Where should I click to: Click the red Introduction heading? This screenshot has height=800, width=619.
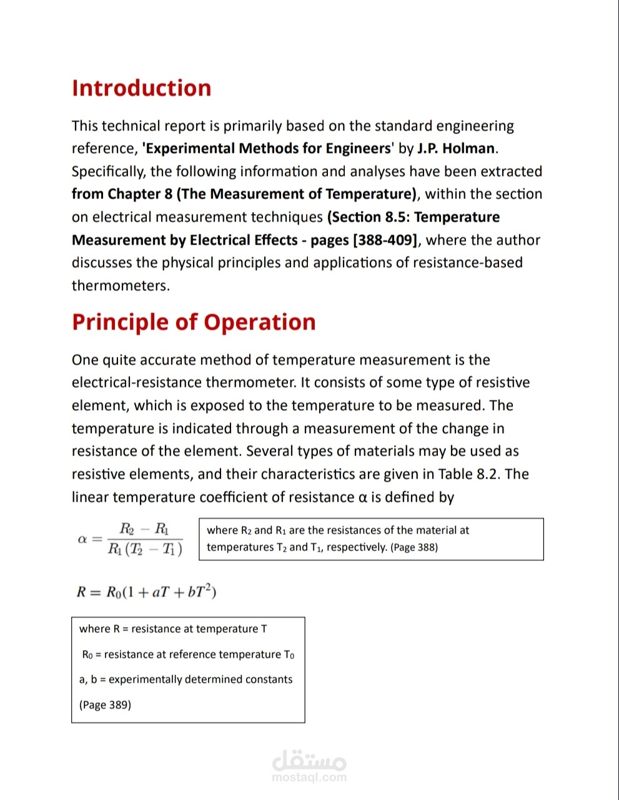141,88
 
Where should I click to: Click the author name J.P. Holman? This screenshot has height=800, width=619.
456,149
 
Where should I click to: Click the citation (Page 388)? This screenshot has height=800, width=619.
414,547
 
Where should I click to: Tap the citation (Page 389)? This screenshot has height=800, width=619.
105,705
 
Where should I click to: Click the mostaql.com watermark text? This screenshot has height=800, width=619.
309,778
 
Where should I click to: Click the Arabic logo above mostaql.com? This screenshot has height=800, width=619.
309,760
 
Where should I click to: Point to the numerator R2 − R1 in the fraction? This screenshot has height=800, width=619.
144,529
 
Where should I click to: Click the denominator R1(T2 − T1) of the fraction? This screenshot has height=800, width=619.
145,549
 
